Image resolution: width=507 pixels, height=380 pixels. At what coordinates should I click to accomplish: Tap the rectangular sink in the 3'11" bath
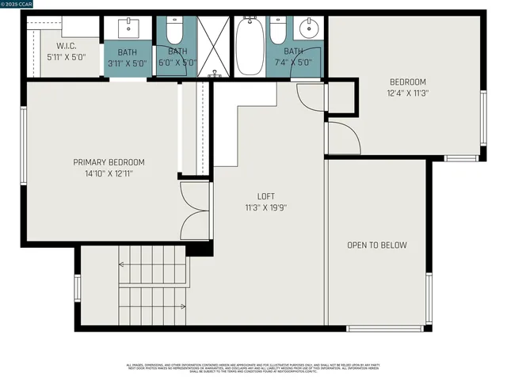pyautogui.click(x=128, y=28)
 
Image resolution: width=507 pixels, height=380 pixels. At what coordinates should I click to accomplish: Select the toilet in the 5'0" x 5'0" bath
pyautogui.click(x=175, y=29)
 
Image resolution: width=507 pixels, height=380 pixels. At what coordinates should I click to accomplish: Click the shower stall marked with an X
pyautogui.click(x=212, y=45)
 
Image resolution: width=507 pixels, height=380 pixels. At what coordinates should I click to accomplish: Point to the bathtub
pyautogui.click(x=250, y=46)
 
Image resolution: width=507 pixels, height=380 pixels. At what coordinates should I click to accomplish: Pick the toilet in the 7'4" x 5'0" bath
pyautogui.click(x=277, y=30)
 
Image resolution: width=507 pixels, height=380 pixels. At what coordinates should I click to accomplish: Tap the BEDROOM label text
pyautogui.click(x=408, y=82)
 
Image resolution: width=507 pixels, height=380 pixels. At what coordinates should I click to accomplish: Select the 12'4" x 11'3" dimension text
pyautogui.click(x=408, y=93)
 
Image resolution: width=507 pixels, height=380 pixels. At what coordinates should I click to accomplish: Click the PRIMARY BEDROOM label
pyautogui.click(x=109, y=162)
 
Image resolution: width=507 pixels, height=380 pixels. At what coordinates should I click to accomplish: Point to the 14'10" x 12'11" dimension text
pyautogui.click(x=109, y=173)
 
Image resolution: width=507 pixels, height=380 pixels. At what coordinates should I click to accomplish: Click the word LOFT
pyautogui.click(x=266, y=196)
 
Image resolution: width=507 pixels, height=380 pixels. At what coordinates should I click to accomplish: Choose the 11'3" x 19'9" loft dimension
pyautogui.click(x=266, y=207)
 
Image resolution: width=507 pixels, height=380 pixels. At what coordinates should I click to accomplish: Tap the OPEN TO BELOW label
pyautogui.click(x=377, y=245)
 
